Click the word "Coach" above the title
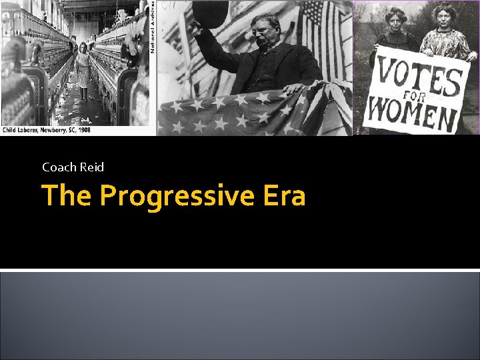coord(59,167)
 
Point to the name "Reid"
coord(92,167)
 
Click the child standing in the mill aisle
coord(82,70)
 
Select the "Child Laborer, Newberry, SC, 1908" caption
coord(47,130)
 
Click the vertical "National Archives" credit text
coord(152,27)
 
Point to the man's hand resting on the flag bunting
coord(294,87)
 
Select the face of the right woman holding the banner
coord(443,16)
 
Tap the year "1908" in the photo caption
coord(83,130)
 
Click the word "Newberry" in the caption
coord(49,130)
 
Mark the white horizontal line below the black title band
coord(240,269)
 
